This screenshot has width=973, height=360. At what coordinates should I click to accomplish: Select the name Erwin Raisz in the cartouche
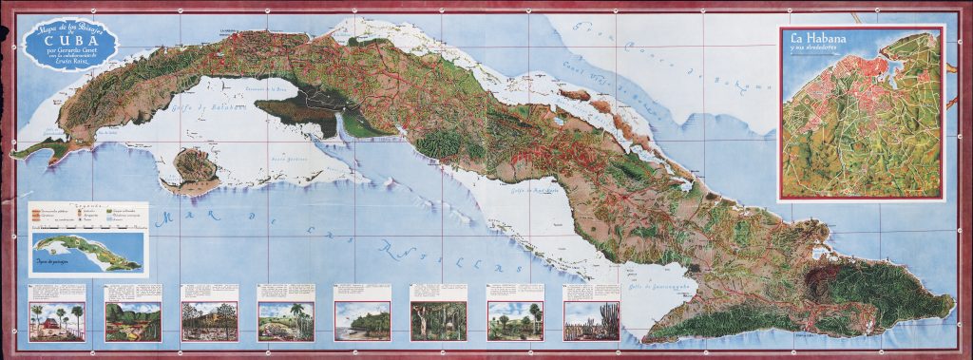pos(69,64)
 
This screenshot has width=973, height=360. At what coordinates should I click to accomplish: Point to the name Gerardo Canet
pos(68,50)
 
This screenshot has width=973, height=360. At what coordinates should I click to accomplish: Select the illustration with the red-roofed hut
pos(57,320)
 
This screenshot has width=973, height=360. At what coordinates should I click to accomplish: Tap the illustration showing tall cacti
pos(591,320)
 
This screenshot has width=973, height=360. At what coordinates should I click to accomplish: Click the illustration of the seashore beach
pos(362,320)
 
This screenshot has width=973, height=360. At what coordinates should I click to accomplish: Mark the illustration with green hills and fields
pos(133,320)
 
